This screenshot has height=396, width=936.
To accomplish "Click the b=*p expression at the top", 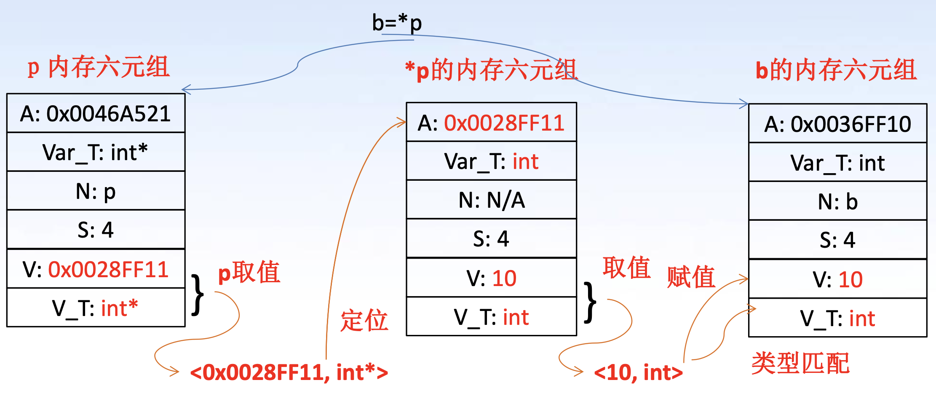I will pos(397,23).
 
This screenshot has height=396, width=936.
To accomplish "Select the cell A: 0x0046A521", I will pos(96,114).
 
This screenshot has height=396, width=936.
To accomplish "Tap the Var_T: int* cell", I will pos(96,153).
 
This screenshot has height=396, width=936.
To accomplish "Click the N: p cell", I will pos(96,191).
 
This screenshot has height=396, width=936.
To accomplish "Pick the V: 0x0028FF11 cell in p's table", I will pos(96,269).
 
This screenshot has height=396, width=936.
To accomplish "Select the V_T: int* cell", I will pos(96,308).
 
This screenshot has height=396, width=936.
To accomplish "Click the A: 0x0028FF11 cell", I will pos(491,123).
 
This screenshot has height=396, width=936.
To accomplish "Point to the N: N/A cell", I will pos(491,200).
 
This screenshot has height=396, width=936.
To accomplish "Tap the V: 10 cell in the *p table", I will pos(491,278).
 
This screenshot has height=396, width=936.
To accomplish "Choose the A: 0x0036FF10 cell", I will pos(837,124).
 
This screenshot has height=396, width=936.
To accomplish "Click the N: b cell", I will pos(837,202).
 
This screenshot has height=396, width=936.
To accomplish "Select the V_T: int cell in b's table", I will pos(837,318).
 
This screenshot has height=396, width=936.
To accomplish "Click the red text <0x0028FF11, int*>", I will pos(289,372).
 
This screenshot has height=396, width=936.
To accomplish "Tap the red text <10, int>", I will pos(638,372).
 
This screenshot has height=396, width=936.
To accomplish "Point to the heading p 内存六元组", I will pos(99,67).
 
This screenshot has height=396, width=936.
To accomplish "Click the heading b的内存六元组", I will pos(836,70).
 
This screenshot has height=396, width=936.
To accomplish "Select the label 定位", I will pos(364,320).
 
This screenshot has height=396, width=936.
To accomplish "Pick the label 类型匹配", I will pos(800,363).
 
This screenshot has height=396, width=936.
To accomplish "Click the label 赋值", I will pos(691,277).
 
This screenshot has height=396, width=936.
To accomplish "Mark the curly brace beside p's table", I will pos(197,295).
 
